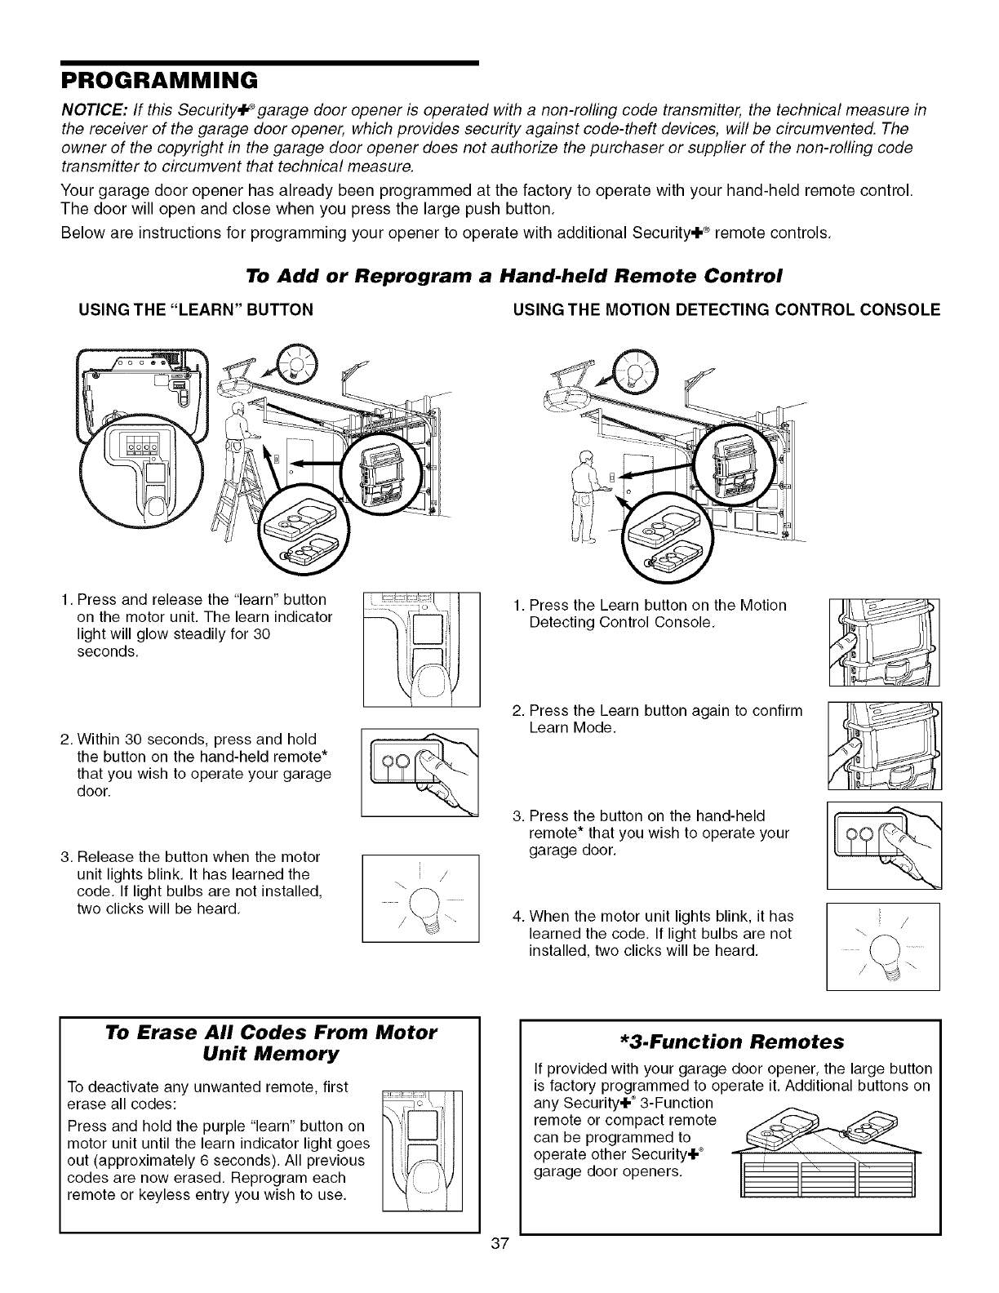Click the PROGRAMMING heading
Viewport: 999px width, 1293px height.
(x=159, y=79)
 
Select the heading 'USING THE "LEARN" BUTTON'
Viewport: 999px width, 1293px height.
(x=195, y=309)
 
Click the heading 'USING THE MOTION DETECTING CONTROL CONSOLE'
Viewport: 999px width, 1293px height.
(x=726, y=309)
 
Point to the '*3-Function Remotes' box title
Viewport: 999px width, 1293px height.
(x=730, y=1042)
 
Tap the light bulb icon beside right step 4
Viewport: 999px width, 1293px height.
(x=883, y=947)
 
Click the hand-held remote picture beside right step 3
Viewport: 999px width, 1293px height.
(x=884, y=846)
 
